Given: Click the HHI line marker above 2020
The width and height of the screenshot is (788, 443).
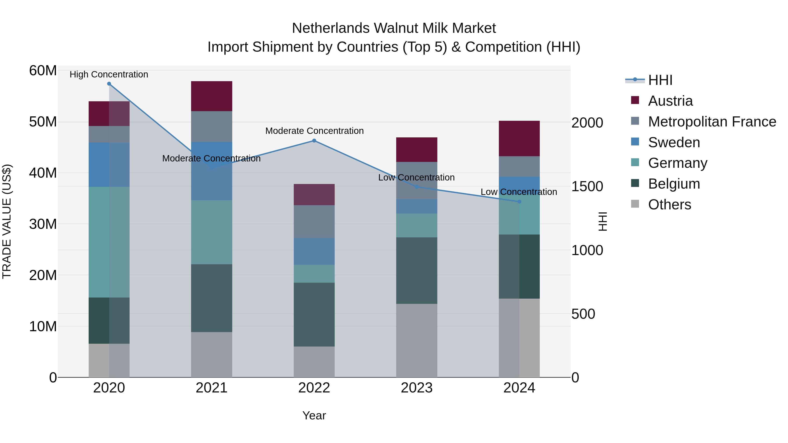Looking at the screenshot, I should [109, 84].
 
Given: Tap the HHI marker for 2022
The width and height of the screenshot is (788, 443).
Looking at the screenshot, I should [314, 141].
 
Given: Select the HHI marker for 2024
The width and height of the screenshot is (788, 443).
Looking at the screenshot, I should [519, 202].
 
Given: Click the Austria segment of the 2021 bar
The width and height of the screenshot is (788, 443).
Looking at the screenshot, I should [211, 96].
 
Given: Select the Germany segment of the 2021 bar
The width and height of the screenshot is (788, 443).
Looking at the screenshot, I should [211, 232].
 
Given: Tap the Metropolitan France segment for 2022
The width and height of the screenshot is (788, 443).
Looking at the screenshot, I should [314, 221].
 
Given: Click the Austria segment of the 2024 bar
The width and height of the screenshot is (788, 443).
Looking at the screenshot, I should [519, 138].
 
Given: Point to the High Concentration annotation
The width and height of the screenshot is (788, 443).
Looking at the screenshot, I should [109, 74].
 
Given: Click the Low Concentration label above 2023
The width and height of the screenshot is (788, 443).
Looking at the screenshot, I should [416, 177].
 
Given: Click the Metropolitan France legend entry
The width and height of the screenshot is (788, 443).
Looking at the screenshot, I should [712, 122].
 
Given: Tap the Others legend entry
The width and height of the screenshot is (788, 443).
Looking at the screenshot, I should [669, 205].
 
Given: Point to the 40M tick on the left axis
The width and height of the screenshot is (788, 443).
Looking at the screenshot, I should [43, 173].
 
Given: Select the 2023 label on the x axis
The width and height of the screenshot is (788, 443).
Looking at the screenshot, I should [416, 388].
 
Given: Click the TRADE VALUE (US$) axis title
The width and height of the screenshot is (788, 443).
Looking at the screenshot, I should [7, 221].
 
